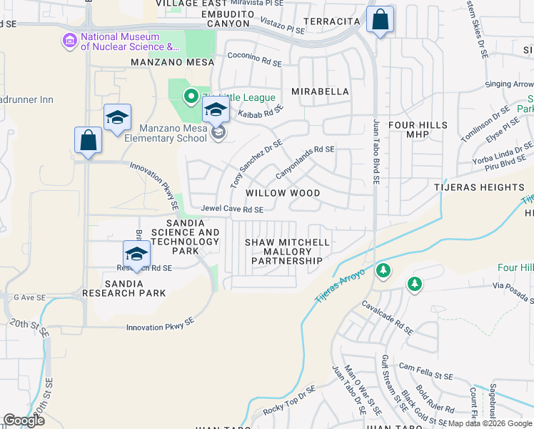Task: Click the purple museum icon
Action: coord(69,41)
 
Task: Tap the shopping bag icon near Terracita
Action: coord(381,20)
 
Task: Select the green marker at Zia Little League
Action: coord(191,96)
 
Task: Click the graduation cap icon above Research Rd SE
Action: coord(136,254)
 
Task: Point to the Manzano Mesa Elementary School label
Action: coord(163,133)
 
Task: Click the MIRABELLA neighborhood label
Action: coord(321,92)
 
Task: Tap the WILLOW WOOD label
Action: coord(282,193)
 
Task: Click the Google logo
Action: coord(24,420)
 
